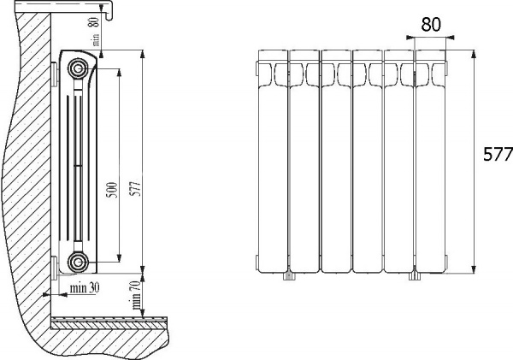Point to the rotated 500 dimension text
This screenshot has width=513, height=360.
110,192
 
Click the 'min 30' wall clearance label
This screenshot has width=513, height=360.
85,287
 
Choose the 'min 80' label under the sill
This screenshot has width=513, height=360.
96,35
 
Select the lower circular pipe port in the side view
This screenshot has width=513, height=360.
79,261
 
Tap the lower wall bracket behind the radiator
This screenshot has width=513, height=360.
56,268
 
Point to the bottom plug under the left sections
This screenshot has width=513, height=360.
288,275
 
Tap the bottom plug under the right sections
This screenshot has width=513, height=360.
415,275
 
